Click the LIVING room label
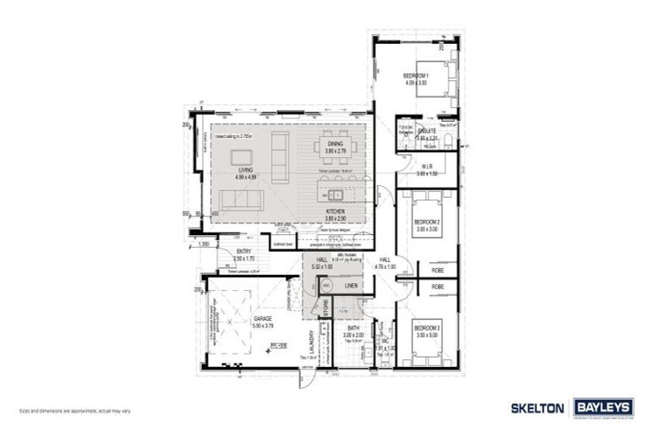click(x=246, y=173)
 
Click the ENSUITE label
click(x=427, y=132)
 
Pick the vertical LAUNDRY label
click(x=311, y=348)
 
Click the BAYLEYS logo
click(x=603, y=408)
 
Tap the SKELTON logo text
click(x=539, y=408)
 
